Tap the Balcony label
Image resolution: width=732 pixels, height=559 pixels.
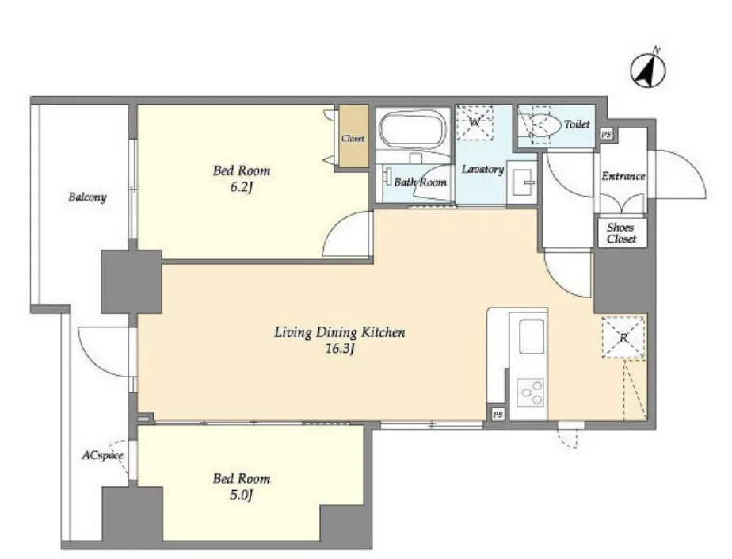[x=87, y=197]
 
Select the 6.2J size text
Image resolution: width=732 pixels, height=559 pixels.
[x=242, y=187]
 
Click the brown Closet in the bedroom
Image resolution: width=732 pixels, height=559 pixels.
[x=353, y=136]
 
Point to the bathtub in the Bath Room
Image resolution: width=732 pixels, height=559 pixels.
[x=411, y=129]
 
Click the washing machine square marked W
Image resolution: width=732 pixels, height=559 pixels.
[x=475, y=122]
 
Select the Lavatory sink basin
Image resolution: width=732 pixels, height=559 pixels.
[x=522, y=182]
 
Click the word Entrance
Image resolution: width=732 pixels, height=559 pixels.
[x=623, y=176]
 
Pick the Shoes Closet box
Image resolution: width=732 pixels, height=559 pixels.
[x=621, y=233]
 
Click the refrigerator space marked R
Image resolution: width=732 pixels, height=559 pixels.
[x=623, y=338]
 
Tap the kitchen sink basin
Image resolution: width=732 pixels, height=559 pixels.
[x=532, y=336]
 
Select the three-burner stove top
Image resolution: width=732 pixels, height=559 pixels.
[x=532, y=392]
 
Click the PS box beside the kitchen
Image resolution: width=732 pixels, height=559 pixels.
[x=498, y=414]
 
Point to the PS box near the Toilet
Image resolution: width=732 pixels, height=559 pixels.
[x=606, y=134]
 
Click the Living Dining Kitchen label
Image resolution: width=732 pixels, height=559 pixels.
[x=339, y=333]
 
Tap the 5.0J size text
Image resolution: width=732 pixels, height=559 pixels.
[x=242, y=495]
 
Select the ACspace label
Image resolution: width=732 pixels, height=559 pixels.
[x=103, y=455]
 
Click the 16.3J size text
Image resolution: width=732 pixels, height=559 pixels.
[x=340, y=349]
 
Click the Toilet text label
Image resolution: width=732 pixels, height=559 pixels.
[x=577, y=124]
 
